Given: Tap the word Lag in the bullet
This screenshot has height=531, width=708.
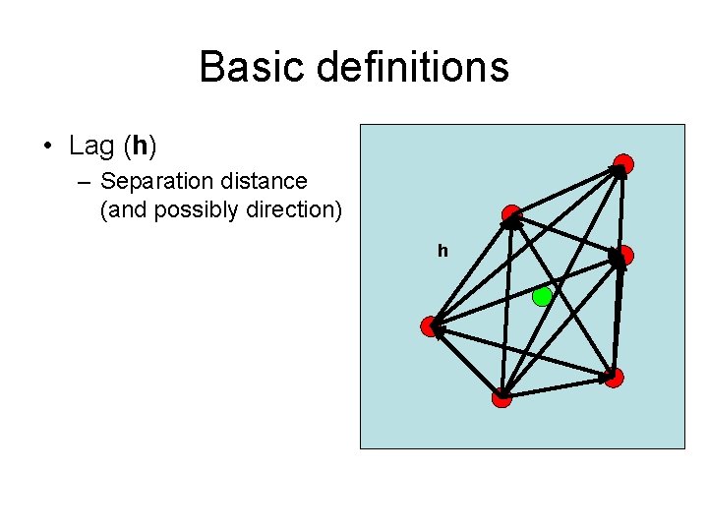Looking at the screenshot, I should pos(91,147).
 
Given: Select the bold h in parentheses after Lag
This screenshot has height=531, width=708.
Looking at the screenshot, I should pos(140,147).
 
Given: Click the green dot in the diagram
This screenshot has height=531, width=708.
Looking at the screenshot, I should pos(542,297).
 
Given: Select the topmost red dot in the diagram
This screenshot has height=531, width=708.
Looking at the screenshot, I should pos(622,164).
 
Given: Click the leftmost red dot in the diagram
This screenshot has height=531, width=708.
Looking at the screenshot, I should pos(429,326).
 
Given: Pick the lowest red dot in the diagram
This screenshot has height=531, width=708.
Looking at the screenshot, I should pos(501,397).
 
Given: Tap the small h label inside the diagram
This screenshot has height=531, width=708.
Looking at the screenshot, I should pos(442,252).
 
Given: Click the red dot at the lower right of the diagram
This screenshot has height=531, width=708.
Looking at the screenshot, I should pos(614,378).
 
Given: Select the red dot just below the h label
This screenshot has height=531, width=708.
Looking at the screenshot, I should pos(510,215).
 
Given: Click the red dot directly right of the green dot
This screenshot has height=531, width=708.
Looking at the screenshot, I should pos(622,256).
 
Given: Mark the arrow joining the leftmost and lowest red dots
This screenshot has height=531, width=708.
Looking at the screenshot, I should pos(465,362).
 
